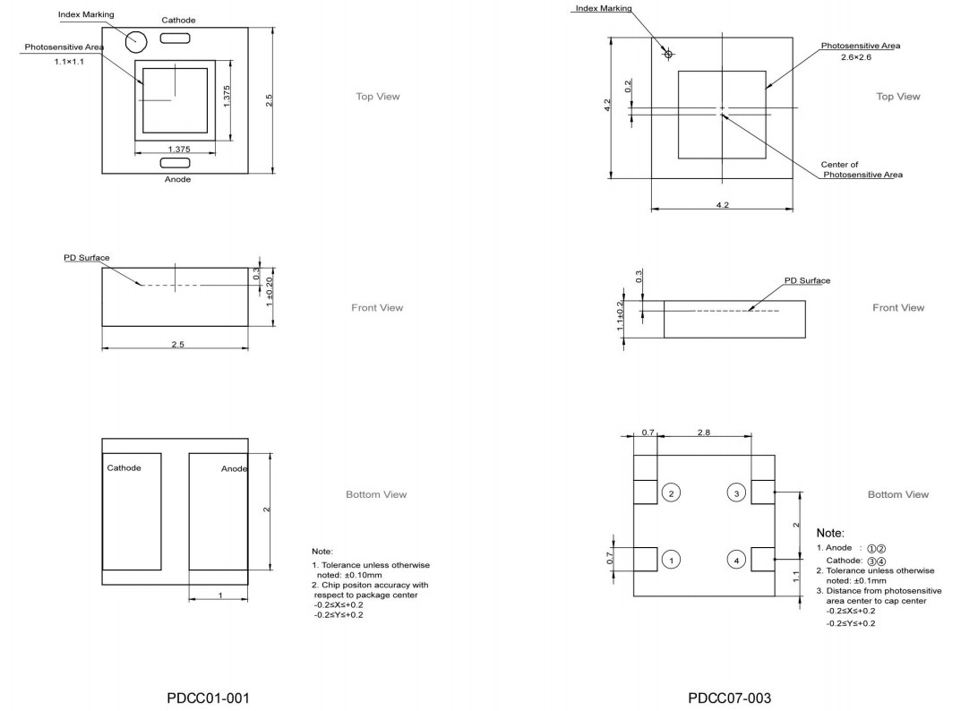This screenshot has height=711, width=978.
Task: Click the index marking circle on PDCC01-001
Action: (136, 40)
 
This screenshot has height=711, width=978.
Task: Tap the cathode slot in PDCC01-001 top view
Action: (175, 38)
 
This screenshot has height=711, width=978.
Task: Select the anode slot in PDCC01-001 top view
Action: (175, 162)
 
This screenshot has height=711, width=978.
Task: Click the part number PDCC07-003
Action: (729, 698)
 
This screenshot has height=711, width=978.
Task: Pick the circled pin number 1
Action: (672, 560)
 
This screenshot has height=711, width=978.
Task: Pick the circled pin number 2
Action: (672, 493)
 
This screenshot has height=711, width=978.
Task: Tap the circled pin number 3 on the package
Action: (736, 493)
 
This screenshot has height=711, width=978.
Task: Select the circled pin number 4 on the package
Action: (736, 560)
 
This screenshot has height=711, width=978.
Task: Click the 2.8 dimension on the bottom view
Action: (703, 433)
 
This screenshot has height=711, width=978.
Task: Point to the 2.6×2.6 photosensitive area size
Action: (855, 57)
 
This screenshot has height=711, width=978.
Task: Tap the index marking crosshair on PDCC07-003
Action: (667, 54)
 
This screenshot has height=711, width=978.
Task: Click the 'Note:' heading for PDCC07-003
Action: (830, 533)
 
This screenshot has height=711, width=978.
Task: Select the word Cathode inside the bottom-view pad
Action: (124, 468)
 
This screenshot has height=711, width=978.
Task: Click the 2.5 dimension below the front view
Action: (177, 345)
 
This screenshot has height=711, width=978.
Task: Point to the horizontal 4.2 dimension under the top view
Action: (722, 205)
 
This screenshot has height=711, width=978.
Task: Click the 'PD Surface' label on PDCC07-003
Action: (807, 280)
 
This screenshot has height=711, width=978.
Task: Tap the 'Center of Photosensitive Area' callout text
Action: (861, 170)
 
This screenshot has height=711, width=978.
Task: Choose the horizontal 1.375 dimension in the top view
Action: (179, 150)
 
